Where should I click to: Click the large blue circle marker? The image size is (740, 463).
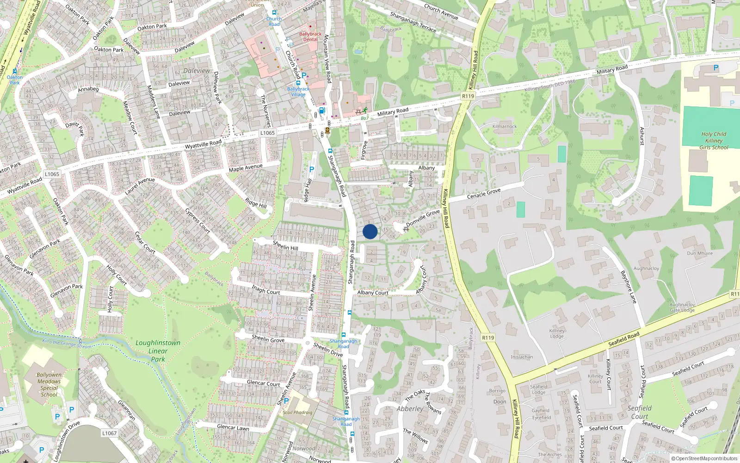(x=370, y=231)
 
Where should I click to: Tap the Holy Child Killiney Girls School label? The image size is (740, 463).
(x=714, y=141)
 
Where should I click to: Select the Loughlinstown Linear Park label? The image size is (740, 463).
(x=158, y=350)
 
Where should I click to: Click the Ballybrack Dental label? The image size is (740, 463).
(x=310, y=37)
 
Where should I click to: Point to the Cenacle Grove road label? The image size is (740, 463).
(x=484, y=194)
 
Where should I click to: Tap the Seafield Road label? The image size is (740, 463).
(x=623, y=339)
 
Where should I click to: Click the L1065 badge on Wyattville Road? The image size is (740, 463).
(x=267, y=133)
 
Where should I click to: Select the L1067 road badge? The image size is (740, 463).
(x=109, y=433)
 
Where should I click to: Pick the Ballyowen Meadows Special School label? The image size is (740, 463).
(x=49, y=385)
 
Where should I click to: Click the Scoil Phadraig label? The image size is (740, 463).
(x=297, y=413)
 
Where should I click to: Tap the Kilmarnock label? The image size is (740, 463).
(x=505, y=126)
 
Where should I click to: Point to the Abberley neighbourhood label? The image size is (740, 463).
(x=410, y=409)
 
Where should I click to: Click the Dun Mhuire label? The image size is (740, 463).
(x=700, y=253)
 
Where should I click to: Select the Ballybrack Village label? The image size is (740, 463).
(x=298, y=92)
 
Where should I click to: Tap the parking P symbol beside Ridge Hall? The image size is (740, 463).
(x=311, y=169)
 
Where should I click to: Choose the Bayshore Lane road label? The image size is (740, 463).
(x=629, y=287)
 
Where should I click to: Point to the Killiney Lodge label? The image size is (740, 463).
(x=557, y=333)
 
